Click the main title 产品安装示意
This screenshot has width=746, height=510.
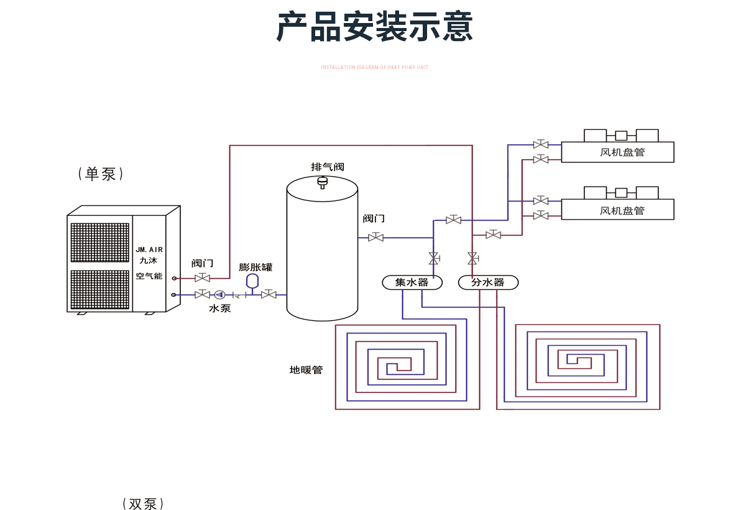pos(374,27)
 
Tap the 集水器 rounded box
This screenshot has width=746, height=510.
pos(412,282)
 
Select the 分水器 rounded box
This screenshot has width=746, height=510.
pos(488,282)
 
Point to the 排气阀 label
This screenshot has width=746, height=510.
pos(328,167)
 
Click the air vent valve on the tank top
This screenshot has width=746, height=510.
pos(322,182)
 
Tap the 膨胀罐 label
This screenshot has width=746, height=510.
pos(256,267)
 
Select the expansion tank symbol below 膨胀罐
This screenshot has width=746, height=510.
pos(252,281)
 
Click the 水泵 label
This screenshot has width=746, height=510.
pos(219,308)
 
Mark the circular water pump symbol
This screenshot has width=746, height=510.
pos(219,294)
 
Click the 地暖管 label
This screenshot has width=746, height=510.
pos(306,370)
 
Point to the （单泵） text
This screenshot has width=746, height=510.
pos(101,174)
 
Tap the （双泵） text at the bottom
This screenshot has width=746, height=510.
pos(143,503)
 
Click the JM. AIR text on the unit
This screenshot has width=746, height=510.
pos(149,250)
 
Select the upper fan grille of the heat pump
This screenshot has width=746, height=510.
pos(99,243)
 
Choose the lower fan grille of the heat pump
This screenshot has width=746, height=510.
pos(99,289)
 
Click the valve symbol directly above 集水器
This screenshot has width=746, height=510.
pos(433,258)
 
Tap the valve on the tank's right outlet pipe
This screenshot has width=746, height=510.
pos(375,238)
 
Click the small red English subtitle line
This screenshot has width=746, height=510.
pos(374,67)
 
